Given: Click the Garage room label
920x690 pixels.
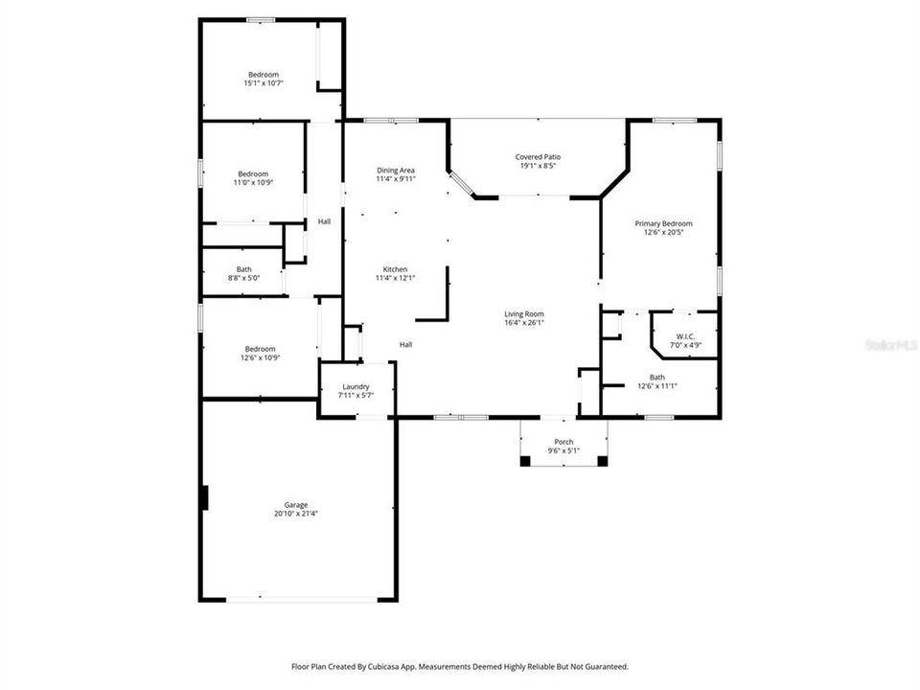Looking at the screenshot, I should pyautogui.click(x=295, y=505).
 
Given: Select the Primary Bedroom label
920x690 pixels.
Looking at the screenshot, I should pyautogui.click(x=663, y=223).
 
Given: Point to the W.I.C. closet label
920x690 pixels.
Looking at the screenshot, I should pyautogui.click(x=684, y=336).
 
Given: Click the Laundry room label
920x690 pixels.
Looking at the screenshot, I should pyautogui.click(x=356, y=386).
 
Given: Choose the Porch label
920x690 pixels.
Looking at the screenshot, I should pyautogui.click(x=563, y=442).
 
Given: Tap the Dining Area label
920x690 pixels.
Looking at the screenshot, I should pyautogui.click(x=395, y=170).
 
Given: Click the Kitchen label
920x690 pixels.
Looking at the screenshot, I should pyautogui.click(x=395, y=269).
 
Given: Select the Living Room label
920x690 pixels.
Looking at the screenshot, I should pyautogui.click(x=524, y=313).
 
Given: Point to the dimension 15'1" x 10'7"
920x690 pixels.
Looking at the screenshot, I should pyautogui.click(x=264, y=83).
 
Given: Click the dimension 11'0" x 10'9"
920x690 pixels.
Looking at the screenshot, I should pyautogui.click(x=253, y=182).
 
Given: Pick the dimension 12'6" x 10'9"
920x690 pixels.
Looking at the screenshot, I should pyautogui.click(x=260, y=357).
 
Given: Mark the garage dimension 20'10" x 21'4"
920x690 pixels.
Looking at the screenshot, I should pyautogui.click(x=295, y=513).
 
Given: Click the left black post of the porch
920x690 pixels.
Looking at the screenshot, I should pyautogui.click(x=525, y=461).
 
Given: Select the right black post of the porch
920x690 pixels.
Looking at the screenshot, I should pyautogui.click(x=602, y=461).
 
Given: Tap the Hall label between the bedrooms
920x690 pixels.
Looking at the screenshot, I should pyautogui.click(x=324, y=222).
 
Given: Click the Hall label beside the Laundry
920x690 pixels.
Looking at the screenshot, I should pyautogui.click(x=405, y=344).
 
